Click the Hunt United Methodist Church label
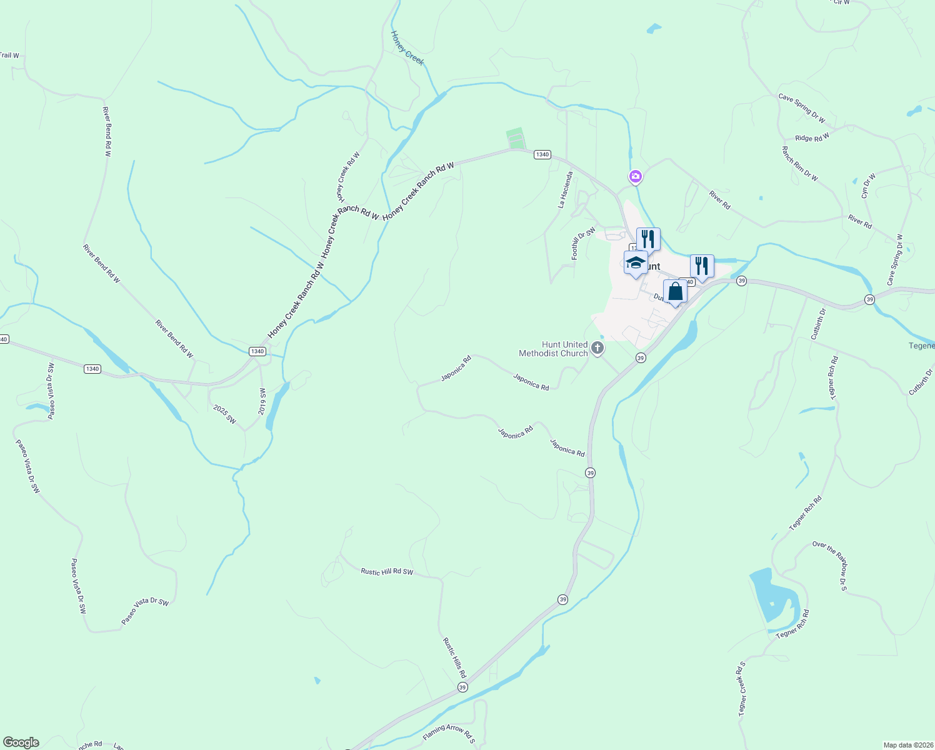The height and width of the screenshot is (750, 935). coord(553,349)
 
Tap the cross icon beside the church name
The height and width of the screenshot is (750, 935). coord(597,347)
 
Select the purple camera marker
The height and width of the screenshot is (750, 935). coord(636,177)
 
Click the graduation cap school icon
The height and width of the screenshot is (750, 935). coord(636,262)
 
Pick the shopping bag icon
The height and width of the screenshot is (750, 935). coord(675,291)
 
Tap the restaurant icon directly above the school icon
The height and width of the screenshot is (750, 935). coord(648,239)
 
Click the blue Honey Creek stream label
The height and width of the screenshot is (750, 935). coord(407,47)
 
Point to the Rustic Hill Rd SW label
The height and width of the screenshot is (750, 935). coord(387,572)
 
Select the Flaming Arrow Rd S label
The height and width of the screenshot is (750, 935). coord(449,732)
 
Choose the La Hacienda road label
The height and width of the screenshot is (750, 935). coord(565,189)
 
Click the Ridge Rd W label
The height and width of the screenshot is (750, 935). coord(812,137)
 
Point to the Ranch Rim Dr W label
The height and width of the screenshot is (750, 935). coord(799,164)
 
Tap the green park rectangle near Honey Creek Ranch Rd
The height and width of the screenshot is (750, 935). coord(515,137)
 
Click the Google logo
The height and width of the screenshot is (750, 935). coord(21,742)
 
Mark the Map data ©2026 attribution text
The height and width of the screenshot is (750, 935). coord(907,745)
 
